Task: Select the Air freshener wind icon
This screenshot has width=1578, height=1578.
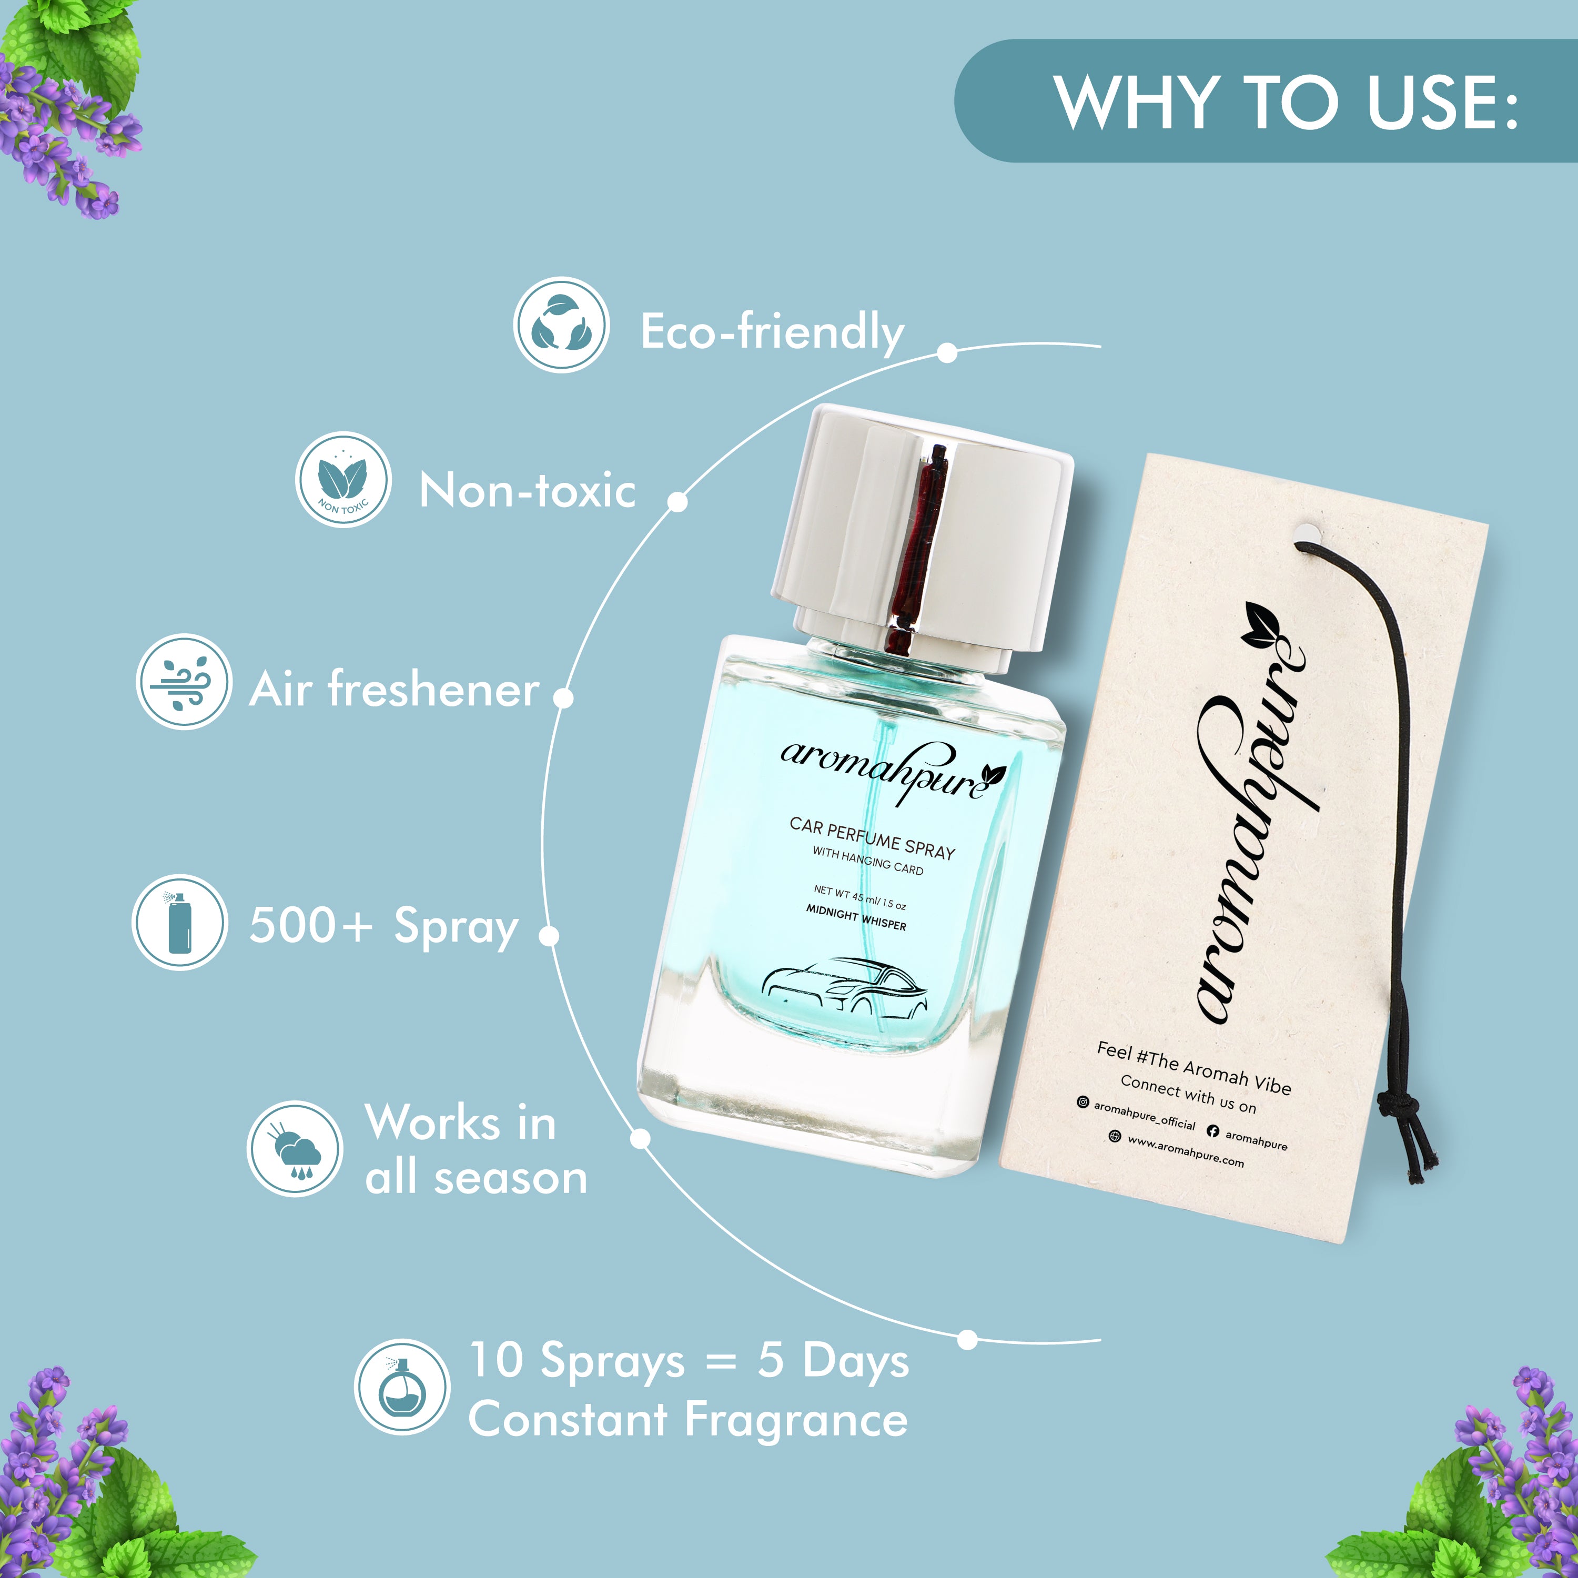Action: tap(184, 681)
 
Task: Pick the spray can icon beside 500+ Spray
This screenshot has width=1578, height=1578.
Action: tap(179, 923)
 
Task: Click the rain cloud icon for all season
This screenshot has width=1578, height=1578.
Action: tap(295, 1149)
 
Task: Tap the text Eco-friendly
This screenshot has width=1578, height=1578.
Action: tap(772, 331)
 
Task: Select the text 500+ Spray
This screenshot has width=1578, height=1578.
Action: tap(384, 926)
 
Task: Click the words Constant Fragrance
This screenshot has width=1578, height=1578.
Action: tap(687, 1420)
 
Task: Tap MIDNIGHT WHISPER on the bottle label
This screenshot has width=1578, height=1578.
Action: tap(856, 918)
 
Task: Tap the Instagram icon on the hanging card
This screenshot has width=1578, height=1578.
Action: tap(1082, 1102)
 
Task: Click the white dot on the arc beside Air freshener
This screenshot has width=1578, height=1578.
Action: tap(563, 697)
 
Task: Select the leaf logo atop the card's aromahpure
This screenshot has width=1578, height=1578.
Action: tap(1262, 625)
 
